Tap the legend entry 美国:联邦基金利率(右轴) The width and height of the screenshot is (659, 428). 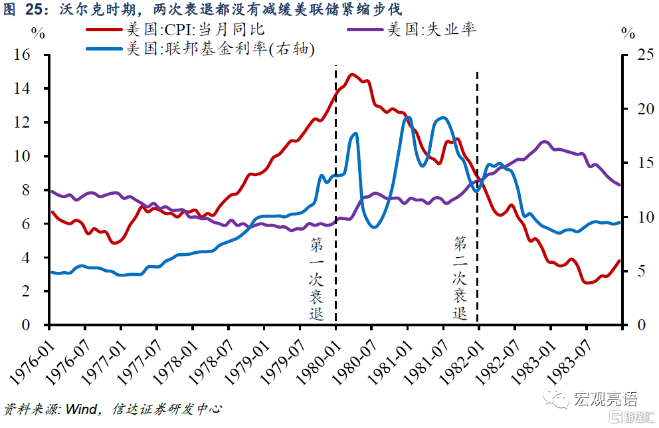pos(219,49)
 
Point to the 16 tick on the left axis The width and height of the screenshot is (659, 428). pos(31,54)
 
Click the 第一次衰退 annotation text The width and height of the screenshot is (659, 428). pos(318,279)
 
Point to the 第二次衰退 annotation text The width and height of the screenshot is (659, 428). pos(460,276)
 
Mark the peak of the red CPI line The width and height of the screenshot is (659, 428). pos(352,74)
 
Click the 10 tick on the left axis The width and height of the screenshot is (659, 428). pos(31,156)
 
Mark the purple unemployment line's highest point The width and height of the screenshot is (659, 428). pos(545,142)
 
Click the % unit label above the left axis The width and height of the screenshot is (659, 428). pos(38,33)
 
